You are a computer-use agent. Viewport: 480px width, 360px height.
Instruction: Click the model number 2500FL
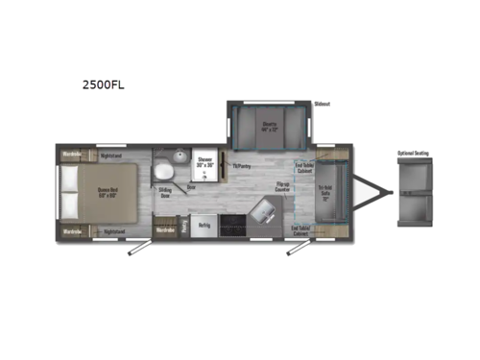coord(102,84)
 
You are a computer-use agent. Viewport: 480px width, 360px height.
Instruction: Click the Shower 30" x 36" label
coord(205,161)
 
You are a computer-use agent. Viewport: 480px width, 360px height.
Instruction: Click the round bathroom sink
coord(162,170)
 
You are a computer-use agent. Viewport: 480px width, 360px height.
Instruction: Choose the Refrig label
coord(204,225)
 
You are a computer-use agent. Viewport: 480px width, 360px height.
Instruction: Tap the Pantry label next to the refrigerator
coord(185,224)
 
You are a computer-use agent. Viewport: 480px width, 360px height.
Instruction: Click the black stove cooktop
coord(232,225)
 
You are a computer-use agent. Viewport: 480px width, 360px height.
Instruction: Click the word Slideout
coord(322,104)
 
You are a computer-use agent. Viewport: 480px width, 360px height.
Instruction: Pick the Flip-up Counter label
coord(282,189)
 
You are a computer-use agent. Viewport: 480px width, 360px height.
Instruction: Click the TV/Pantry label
coord(240,165)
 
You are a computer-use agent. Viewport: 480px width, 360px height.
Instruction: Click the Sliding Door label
coord(166,192)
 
